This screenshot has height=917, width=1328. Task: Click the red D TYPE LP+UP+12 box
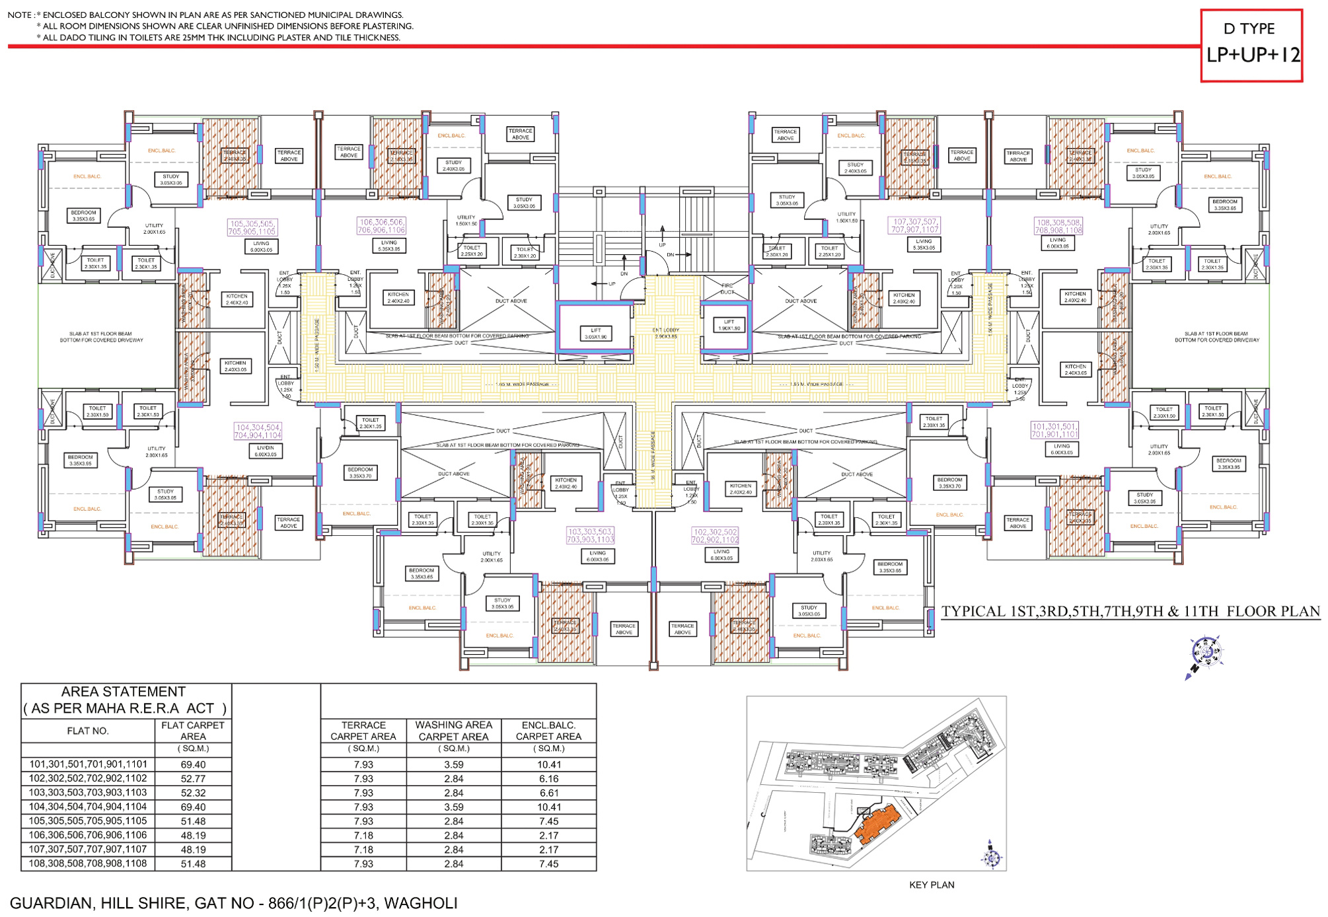click(x=1251, y=45)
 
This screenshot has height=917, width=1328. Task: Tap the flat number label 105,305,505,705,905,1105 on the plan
click(x=252, y=227)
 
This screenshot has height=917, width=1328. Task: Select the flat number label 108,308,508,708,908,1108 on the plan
click(x=1058, y=226)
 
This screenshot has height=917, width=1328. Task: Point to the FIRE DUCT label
click(x=727, y=288)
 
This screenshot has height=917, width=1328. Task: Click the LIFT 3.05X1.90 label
click(x=595, y=334)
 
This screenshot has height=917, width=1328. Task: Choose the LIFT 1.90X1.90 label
click(x=729, y=324)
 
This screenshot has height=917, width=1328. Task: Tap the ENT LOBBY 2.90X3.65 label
click(x=665, y=333)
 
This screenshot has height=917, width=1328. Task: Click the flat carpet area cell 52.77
click(x=193, y=779)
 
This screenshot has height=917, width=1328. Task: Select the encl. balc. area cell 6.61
click(x=548, y=793)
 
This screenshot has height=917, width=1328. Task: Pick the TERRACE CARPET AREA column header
click(x=363, y=731)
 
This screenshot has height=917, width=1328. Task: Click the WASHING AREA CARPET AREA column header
click(x=453, y=731)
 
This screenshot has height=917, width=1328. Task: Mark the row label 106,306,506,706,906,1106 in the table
click(x=88, y=835)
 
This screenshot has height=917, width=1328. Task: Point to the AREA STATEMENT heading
click(x=124, y=692)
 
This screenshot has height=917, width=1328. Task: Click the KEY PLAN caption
click(x=932, y=885)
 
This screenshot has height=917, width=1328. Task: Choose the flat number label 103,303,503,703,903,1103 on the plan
click(x=590, y=535)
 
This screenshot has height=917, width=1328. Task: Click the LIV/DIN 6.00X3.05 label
click(x=266, y=451)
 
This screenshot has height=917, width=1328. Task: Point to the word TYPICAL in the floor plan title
click(x=974, y=611)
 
